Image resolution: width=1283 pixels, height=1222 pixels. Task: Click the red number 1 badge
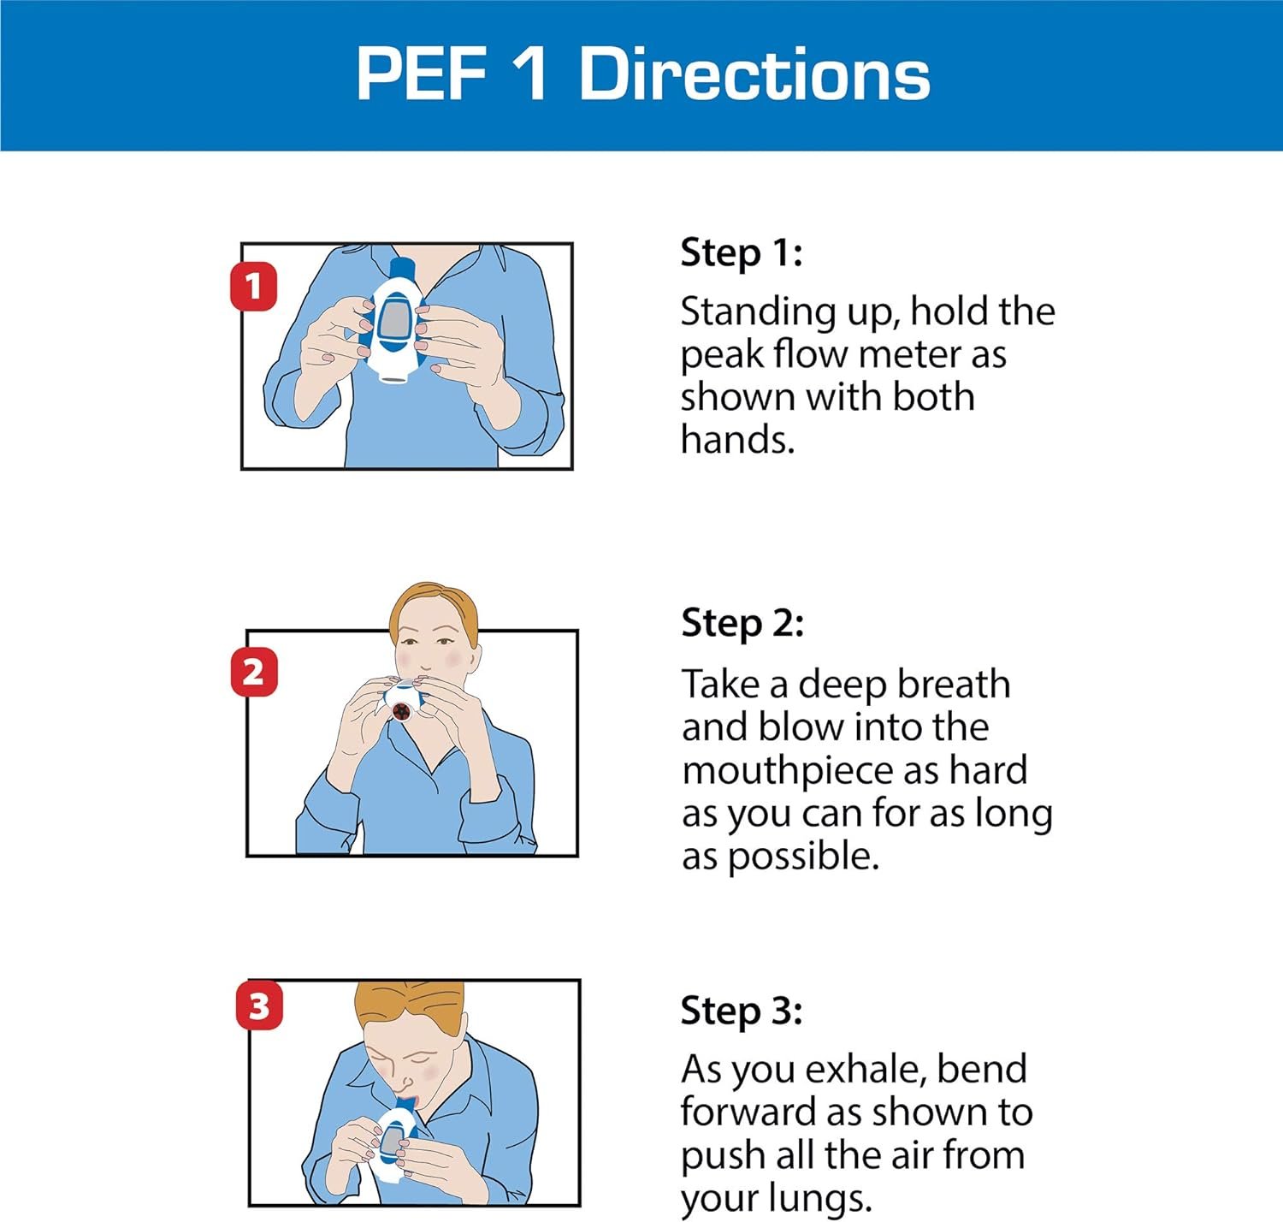click(x=254, y=286)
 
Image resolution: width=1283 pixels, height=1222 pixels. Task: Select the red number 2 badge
click(x=254, y=672)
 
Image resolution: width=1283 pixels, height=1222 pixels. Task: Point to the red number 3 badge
click(x=259, y=1005)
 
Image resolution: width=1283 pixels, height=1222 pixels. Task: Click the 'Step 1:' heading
click(x=742, y=252)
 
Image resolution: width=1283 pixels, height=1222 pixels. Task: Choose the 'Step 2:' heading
click(x=742, y=623)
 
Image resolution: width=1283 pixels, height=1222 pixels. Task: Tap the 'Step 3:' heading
click(x=742, y=1011)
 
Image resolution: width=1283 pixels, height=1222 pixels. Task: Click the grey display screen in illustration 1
click(x=393, y=318)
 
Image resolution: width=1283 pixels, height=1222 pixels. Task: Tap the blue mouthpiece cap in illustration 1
click(x=402, y=269)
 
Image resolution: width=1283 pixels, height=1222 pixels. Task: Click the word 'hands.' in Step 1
click(x=737, y=439)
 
